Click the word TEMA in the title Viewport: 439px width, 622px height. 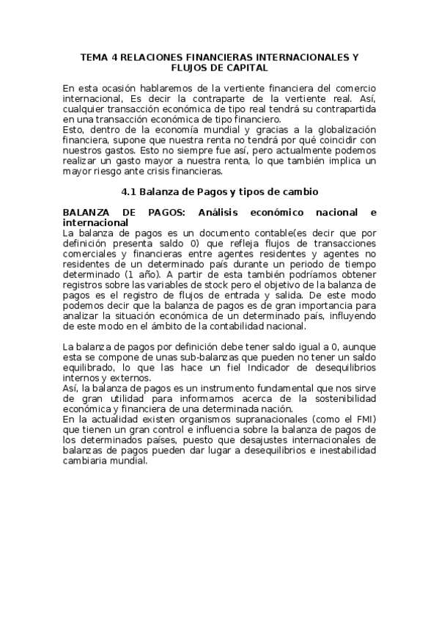(x=94, y=56)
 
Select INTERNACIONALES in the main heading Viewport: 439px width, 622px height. (x=289, y=56)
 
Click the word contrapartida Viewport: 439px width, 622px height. (x=344, y=108)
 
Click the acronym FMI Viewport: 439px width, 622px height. (x=361, y=419)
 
